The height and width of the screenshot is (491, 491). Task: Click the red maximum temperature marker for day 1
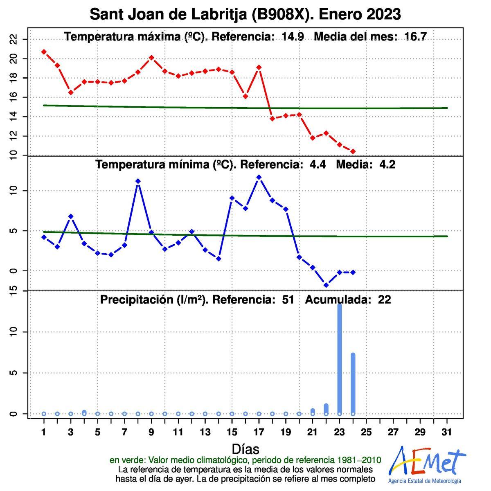pyautogui.click(x=44, y=52)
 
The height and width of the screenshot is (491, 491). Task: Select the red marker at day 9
pyautogui.click(x=151, y=58)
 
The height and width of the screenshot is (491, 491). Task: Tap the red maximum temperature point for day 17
pyautogui.click(x=259, y=67)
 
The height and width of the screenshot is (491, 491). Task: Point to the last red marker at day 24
pyautogui.click(x=353, y=151)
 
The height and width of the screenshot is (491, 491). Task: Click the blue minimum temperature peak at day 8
pyautogui.click(x=138, y=181)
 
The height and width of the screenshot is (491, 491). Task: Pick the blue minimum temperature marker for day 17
pyautogui.click(x=259, y=177)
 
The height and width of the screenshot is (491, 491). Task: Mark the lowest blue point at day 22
pyautogui.click(x=326, y=285)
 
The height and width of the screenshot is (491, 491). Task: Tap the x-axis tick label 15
pyautogui.click(x=232, y=432)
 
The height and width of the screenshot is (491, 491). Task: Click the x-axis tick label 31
pyautogui.click(x=447, y=432)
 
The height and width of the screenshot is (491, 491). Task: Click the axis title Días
pyautogui.click(x=245, y=449)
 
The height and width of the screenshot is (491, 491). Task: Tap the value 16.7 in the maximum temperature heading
pyautogui.click(x=415, y=37)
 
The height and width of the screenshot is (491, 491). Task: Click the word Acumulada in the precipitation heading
pyautogui.click(x=338, y=300)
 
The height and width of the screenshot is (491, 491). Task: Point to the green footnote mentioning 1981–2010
pyautogui.click(x=245, y=460)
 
